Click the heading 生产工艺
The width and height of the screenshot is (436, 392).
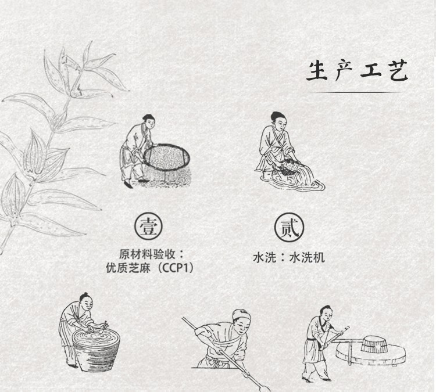(358, 71)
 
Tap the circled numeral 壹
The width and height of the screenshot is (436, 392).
(148, 226)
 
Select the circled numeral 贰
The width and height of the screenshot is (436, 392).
(289, 228)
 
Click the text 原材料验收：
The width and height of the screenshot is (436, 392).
(152, 254)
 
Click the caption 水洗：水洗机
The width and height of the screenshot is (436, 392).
(288, 257)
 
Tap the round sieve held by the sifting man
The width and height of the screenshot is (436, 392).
(167, 156)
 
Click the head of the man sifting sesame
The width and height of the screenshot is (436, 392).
(149, 121)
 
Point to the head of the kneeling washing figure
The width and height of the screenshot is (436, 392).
(278, 120)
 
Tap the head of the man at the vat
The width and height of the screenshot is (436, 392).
(86, 301)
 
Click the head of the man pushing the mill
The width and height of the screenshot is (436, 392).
(327, 313)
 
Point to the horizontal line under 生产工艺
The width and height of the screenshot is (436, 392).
(355, 92)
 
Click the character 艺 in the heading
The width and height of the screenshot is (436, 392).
(398, 71)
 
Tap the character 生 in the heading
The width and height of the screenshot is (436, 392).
(317, 71)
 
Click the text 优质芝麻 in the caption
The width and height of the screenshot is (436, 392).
(128, 268)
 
